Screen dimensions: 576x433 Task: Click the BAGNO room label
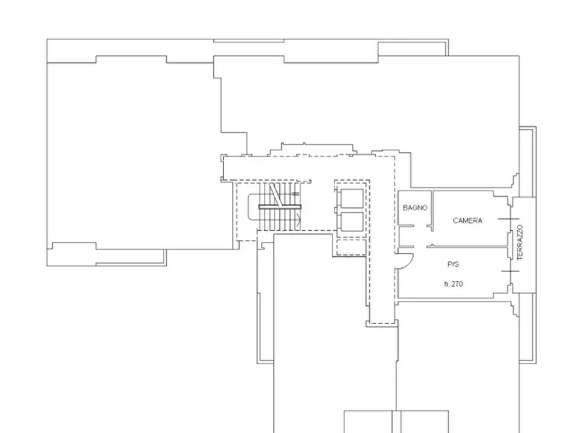[415, 207]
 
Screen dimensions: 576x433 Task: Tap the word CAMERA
[467, 220]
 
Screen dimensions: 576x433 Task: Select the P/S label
[453, 264]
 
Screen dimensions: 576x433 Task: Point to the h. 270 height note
[453, 284]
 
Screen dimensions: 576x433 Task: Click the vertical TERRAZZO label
[520, 242]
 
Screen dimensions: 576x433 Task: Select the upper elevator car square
[352, 199]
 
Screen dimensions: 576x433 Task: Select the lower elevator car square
[352, 222]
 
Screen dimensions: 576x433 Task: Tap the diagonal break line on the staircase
[275, 195]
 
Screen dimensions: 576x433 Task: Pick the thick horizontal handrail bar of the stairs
[280, 207]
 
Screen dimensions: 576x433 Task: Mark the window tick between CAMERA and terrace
[508, 219]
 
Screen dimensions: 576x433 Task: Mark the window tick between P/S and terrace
[510, 271]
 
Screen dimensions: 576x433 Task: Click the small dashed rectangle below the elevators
[352, 247]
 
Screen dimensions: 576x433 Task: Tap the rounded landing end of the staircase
[250, 207]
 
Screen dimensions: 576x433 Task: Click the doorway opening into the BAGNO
[421, 226]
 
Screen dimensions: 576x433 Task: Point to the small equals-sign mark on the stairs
[295, 194]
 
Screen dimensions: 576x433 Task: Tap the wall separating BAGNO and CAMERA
[432, 211]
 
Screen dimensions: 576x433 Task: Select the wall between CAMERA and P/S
[468, 246]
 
